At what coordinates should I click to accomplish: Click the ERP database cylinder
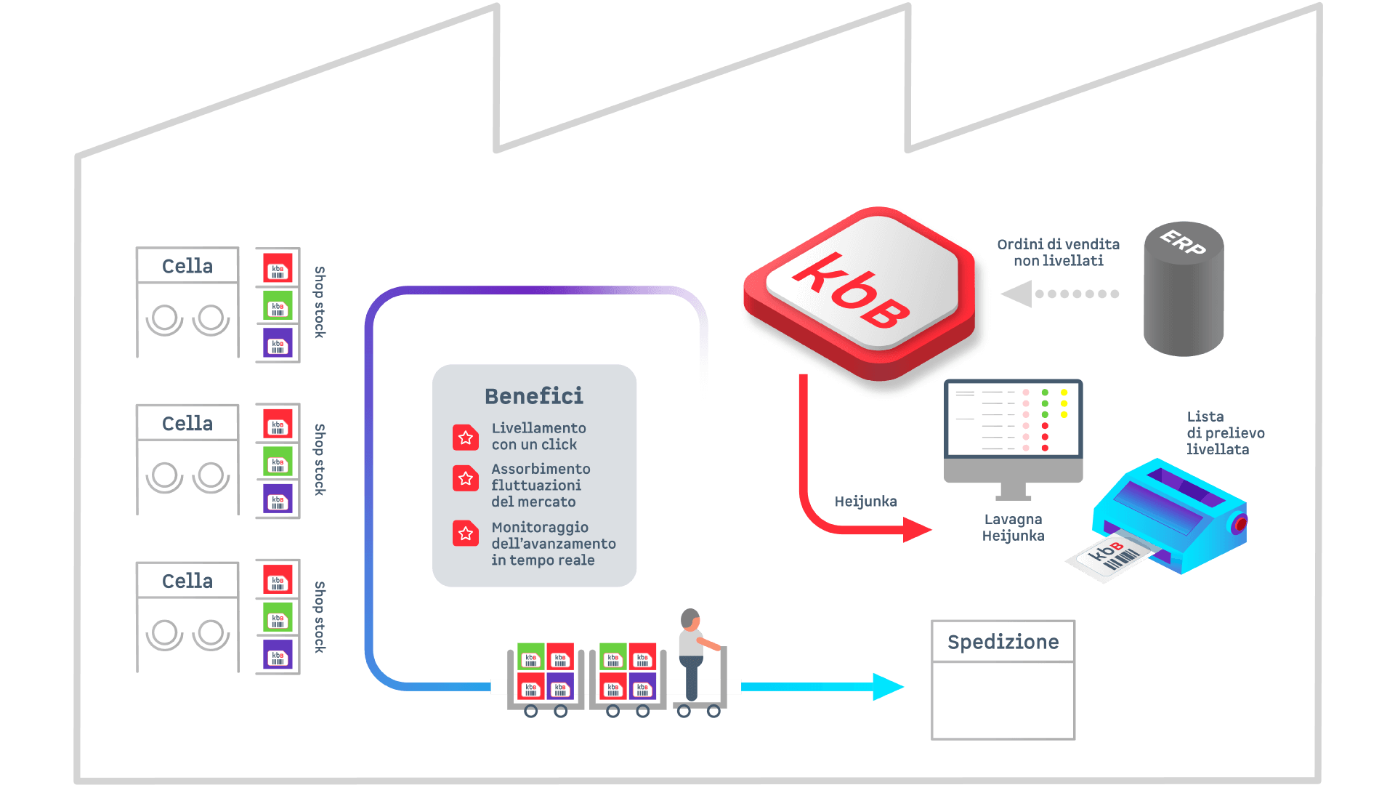click(1184, 291)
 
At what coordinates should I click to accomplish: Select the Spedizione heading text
click(1003, 642)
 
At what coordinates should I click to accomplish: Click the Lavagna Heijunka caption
click(1013, 528)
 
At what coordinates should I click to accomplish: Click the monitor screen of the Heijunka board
click(1013, 419)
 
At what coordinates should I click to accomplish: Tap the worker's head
click(690, 619)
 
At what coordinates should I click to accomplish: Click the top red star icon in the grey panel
click(466, 438)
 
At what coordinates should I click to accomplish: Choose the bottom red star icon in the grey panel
click(466, 534)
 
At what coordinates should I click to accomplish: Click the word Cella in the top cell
click(187, 266)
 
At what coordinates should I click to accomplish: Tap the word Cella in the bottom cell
click(187, 581)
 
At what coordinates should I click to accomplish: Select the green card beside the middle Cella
click(278, 462)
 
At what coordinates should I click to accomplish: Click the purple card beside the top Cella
click(278, 344)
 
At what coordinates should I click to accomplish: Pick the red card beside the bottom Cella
click(278, 581)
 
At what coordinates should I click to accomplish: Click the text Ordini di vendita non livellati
click(1058, 252)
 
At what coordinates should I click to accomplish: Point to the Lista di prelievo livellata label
click(1225, 433)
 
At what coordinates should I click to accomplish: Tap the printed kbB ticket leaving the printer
click(1110, 560)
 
